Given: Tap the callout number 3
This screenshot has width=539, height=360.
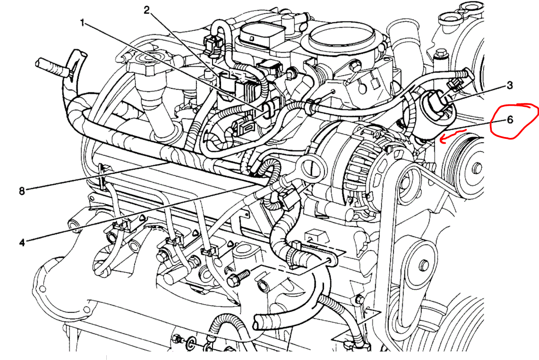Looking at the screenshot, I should pos(509,86).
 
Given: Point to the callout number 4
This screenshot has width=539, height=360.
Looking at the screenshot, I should pos(22,242).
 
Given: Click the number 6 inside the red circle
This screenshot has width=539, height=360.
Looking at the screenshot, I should pos(510,120).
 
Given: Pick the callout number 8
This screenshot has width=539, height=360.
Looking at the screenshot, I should pos(22,191).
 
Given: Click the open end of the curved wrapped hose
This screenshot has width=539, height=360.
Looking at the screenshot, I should pos(259,324).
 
